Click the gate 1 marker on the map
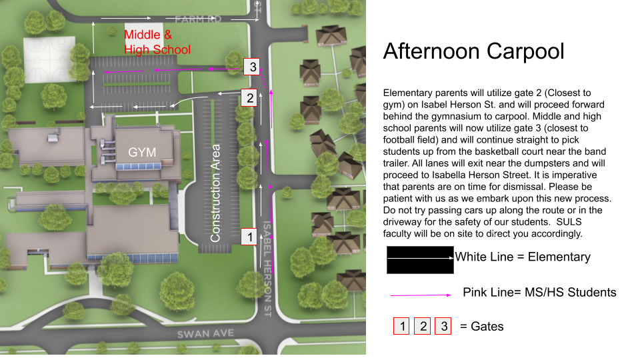coord(249,236)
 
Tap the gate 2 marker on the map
coord(250,97)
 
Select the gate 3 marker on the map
coord(252,67)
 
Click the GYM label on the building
coord(142,152)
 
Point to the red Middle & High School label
coord(157,42)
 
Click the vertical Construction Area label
coord(215,192)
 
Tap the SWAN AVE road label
coord(203,333)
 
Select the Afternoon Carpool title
coord(474,51)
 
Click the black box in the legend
coord(420,259)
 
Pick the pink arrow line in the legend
coord(421,294)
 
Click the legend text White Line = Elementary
coord(523,257)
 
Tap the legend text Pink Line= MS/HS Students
coord(539,292)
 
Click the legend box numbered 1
coord(402,326)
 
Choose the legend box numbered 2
coord(423,326)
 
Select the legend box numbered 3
coord(443,326)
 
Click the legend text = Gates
coord(482,326)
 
